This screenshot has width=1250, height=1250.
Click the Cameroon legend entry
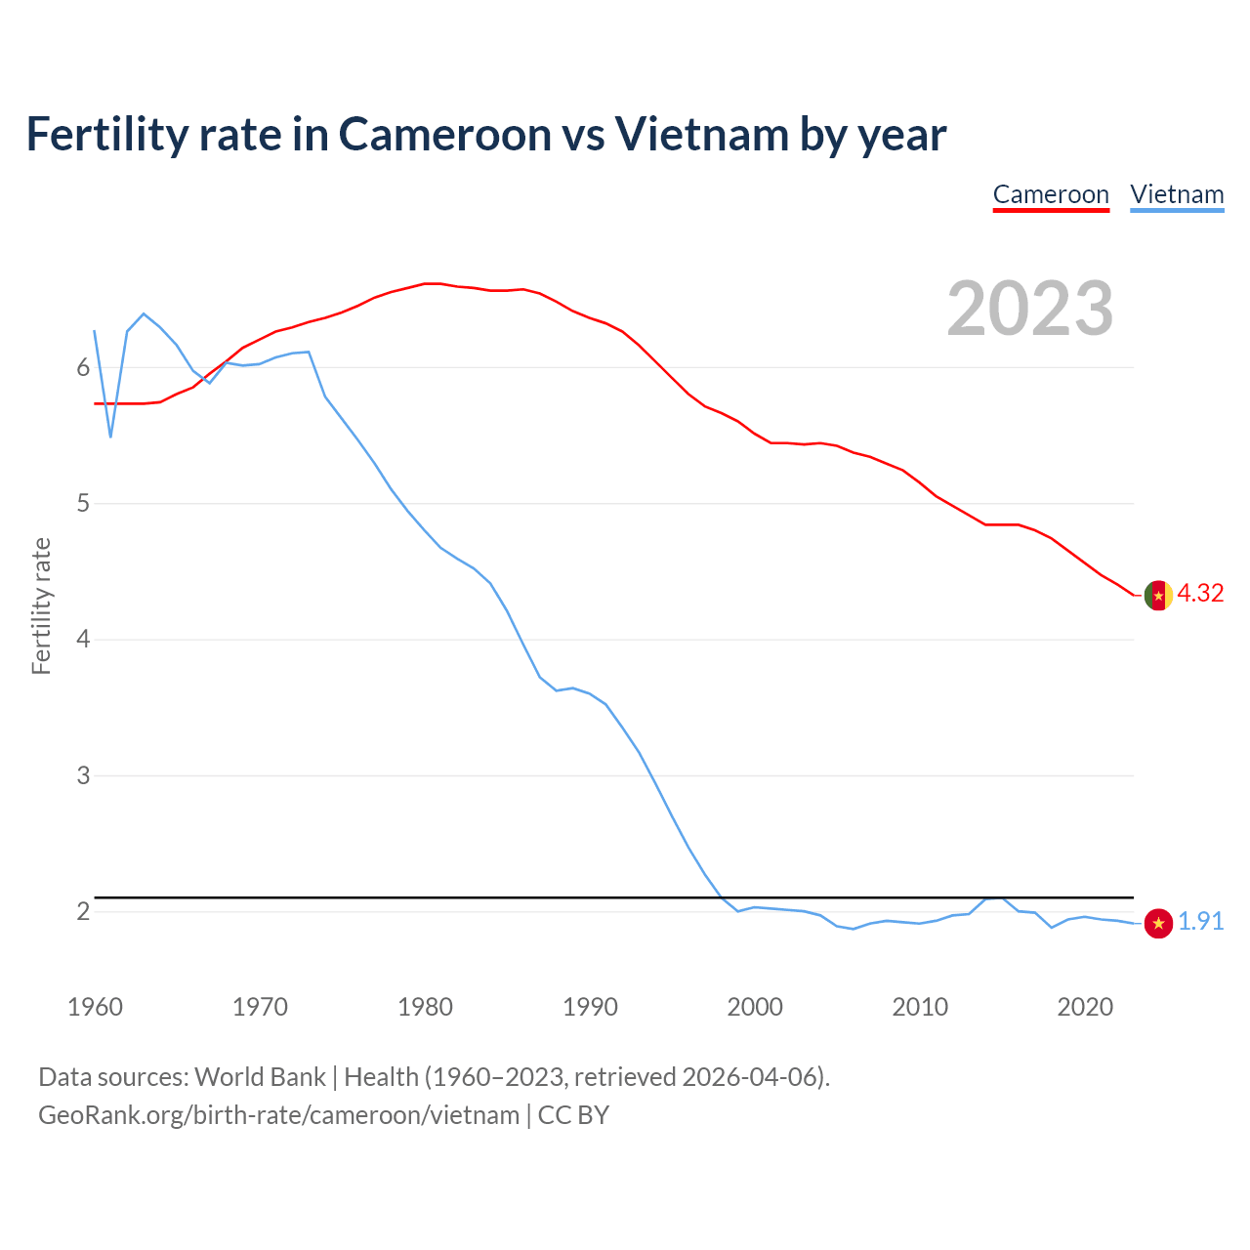click(x=1051, y=194)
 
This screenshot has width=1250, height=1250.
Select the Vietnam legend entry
click(x=1177, y=194)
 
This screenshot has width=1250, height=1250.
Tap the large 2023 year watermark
click(x=1030, y=309)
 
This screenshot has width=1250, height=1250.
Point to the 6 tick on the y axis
click(x=83, y=368)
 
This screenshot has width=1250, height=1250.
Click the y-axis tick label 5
click(x=83, y=504)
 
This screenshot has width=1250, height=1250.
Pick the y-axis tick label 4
click(x=83, y=640)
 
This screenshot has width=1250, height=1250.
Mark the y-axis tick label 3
click(x=83, y=775)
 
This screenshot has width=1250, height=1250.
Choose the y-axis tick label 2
click(x=83, y=911)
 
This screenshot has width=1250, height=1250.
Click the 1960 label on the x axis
click(x=95, y=1007)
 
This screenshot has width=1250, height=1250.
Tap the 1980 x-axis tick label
click(x=425, y=1007)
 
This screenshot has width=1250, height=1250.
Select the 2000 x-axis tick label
click(x=755, y=1007)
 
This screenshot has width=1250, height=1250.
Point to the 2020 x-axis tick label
click(x=1085, y=1007)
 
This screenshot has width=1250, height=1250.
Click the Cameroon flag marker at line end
click(x=1158, y=595)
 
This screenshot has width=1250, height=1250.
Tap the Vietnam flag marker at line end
click(x=1158, y=923)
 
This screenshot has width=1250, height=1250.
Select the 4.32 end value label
click(x=1200, y=594)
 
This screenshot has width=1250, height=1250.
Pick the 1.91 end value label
click(x=1200, y=922)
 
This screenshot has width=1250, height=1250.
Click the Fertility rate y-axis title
click(x=41, y=605)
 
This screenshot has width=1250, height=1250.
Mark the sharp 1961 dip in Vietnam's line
click(x=110, y=437)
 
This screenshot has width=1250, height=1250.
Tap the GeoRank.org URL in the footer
click(x=278, y=1115)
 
